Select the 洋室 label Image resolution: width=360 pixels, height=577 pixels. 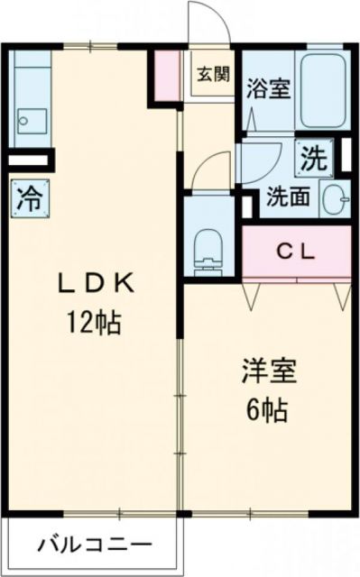pos(268,371)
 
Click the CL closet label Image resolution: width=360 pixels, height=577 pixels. pos(295,252)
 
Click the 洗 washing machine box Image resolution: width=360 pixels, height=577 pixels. pos(312,159)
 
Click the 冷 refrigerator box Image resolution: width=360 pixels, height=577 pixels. pos(24,197)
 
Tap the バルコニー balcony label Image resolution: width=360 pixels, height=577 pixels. pos(94,545)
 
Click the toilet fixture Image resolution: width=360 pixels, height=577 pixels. pos(208,245)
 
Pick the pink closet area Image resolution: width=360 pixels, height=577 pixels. pos(296,253)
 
